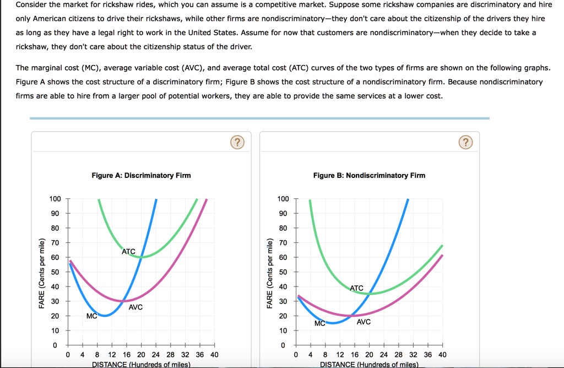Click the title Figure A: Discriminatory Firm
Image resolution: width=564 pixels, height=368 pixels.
[x=141, y=175]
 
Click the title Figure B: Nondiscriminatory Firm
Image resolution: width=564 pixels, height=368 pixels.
[x=369, y=175]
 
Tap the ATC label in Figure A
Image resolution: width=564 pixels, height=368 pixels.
[x=128, y=251]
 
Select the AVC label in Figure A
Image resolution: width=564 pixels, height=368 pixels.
[x=135, y=307]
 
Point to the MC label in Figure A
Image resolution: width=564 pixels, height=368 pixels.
[x=92, y=316]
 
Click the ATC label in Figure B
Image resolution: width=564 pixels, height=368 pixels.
[x=356, y=288]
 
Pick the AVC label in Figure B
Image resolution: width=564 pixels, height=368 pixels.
[x=364, y=322]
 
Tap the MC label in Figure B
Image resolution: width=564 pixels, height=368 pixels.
[x=320, y=323]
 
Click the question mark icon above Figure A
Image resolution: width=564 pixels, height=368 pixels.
[x=236, y=143]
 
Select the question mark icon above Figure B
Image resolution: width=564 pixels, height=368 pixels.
[x=465, y=143]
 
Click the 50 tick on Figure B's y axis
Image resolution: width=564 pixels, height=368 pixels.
[x=283, y=272]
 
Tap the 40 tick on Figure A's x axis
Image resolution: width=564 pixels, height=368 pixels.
[x=214, y=355]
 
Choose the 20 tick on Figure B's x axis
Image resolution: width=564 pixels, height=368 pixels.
[x=369, y=355]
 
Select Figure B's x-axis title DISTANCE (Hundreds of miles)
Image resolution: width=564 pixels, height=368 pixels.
[x=369, y=364]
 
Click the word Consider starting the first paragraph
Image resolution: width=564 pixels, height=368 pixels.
[x=31, y=5]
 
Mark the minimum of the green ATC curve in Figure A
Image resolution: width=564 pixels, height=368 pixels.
[x=142, y=257]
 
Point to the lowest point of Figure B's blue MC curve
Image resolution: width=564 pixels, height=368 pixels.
[x=333, y=323]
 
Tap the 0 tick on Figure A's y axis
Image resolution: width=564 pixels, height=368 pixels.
[x=55, y=345]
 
